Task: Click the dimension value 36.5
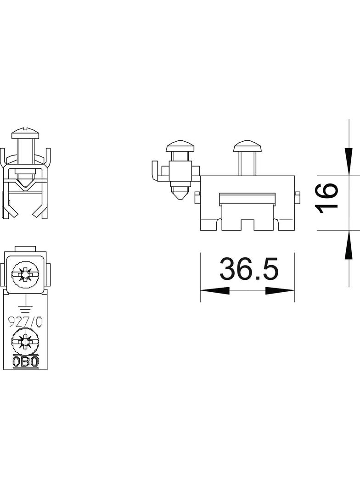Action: [248, 269]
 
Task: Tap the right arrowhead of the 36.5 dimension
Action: [280, 291]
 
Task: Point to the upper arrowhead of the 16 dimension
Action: [349, 161]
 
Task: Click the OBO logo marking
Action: [26, 362]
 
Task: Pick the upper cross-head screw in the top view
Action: [26, 275]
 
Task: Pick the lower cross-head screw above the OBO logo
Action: [26, 342]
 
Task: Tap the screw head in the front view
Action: [25, 133]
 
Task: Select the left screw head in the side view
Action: [180, 147]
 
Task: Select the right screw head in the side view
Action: [247, 147]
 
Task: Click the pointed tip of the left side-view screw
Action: [180, 195]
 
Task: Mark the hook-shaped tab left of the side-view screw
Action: [155, 172]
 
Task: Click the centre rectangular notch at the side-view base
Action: [248, 225]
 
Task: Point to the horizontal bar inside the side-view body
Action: [248, 198]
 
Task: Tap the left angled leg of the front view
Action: [11, 209]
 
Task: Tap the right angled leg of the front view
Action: [40, 209]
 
